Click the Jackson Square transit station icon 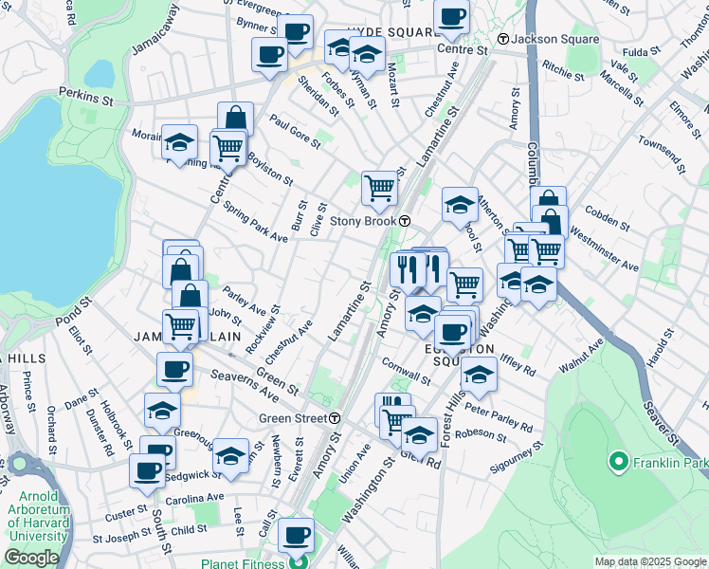[x=502, y=39]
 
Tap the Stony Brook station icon [x=405, y=221]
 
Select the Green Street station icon [x=335, y=418]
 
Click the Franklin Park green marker [x=619, y=463]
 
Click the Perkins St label [x=86, y=95]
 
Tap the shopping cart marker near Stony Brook [x=379, y=187]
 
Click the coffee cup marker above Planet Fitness [x=298, y=534]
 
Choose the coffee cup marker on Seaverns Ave [x=173, y=368]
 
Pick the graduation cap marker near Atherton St [x=460, y=204]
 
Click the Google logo [x=30, y=559]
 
